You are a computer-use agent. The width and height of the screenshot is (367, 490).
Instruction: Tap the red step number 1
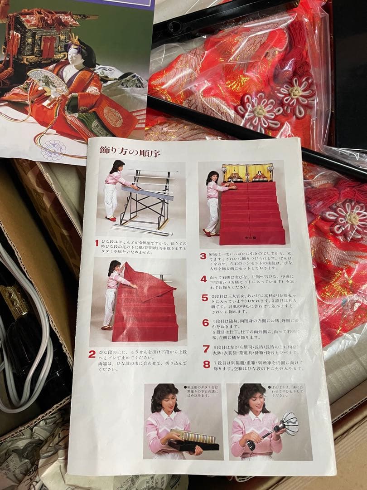click(97, 243)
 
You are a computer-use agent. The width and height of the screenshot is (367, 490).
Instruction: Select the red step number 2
click(92, 354)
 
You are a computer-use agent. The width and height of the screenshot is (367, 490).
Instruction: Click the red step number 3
click(203, 256)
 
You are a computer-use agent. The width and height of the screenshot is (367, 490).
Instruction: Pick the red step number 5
click(205, 298)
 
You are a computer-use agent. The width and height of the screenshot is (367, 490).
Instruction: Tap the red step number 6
click(206, 323)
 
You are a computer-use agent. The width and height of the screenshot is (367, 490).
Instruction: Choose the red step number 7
click(206, 348)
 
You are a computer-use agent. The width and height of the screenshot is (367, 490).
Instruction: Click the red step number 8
click(207, 364)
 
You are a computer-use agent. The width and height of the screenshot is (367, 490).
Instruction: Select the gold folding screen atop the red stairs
click(247, 172)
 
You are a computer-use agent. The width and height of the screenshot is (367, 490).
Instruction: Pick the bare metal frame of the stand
click(145, 200)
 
